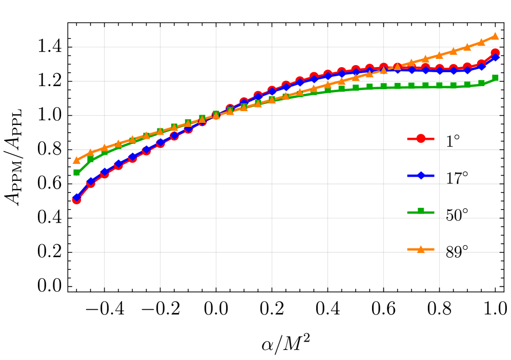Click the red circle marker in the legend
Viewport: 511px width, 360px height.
(421, 138)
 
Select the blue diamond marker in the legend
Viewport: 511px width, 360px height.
(421, 175)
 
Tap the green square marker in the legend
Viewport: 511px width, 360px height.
(421, 211)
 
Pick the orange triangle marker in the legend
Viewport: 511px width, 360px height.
(421, 249)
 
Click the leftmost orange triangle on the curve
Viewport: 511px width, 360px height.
(77, 160)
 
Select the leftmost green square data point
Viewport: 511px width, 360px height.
(77, 172)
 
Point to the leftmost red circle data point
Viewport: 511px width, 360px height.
(77, 200)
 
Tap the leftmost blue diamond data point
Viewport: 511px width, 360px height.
(77, 197)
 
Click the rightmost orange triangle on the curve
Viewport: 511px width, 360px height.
(495, 36)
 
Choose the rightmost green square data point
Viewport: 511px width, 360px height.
(495, 78)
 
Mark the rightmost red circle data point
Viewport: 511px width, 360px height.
(495, 53)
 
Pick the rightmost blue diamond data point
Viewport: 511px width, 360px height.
(495, 57)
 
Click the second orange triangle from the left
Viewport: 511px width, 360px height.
(91, 152)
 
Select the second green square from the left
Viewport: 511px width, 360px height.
(91, 160)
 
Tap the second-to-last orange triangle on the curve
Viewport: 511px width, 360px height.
(481, 41)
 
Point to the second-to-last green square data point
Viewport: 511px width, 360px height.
(481, 83)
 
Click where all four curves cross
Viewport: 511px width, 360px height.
(216, 115)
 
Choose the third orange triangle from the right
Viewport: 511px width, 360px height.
(467, 46)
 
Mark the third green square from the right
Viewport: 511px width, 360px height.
(467, 85)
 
